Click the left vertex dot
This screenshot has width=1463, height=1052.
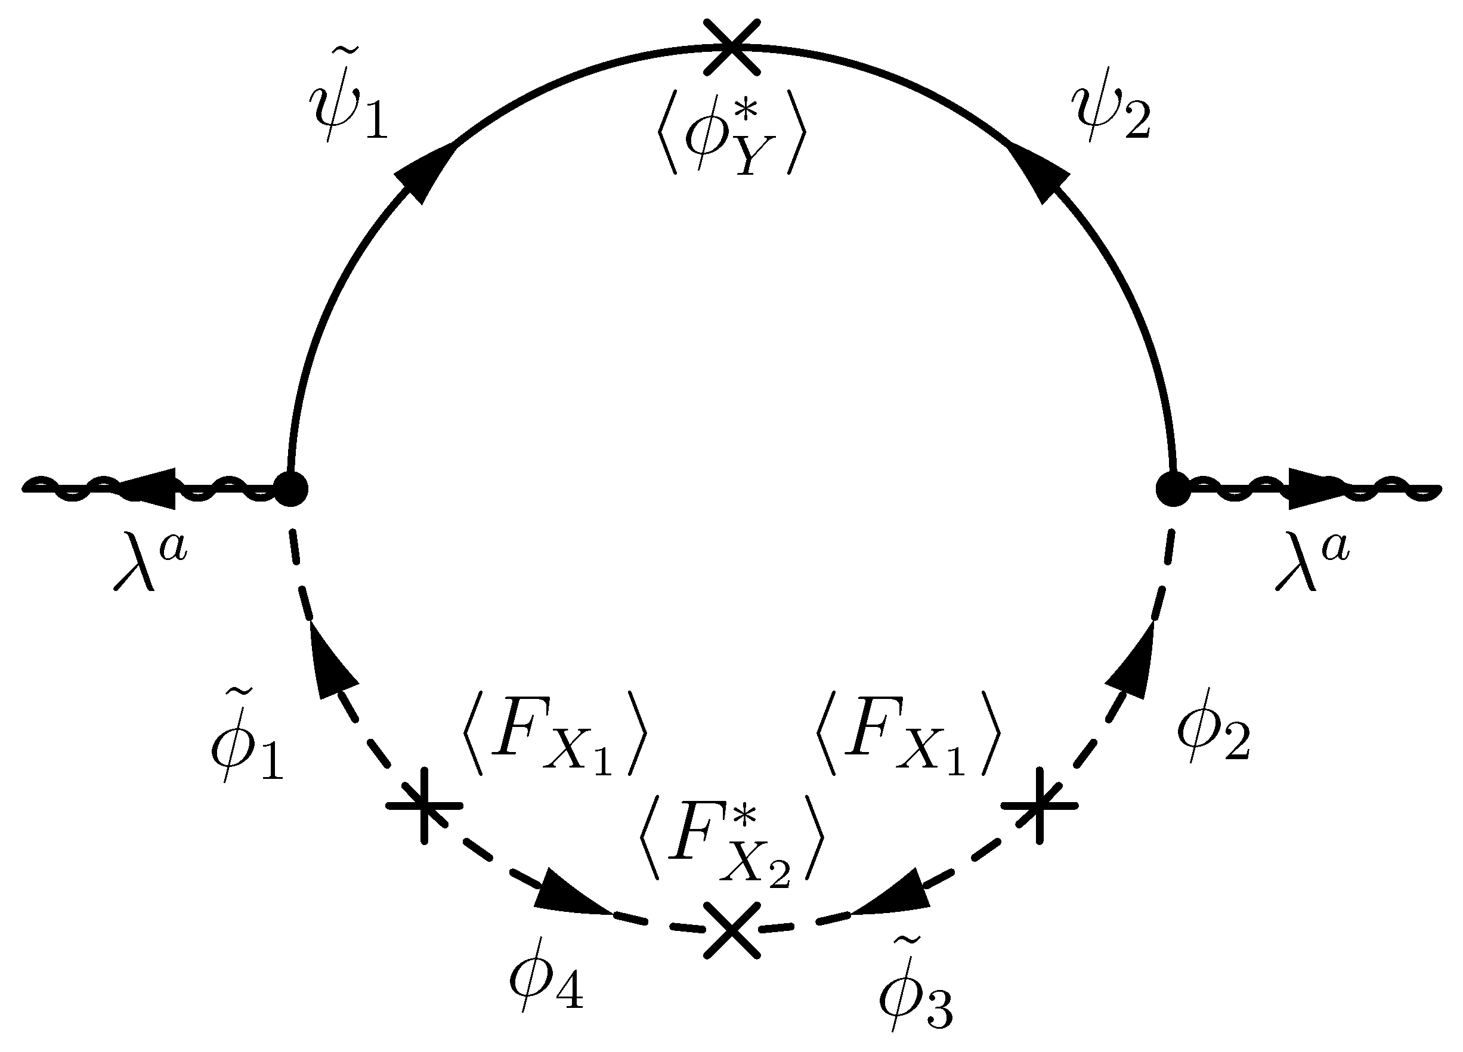[291, 490]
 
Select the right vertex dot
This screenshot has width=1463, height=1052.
[1173, 490]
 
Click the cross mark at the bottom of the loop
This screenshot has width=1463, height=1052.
[731, 931]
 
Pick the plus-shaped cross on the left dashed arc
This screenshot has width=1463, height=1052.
[424, 805]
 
